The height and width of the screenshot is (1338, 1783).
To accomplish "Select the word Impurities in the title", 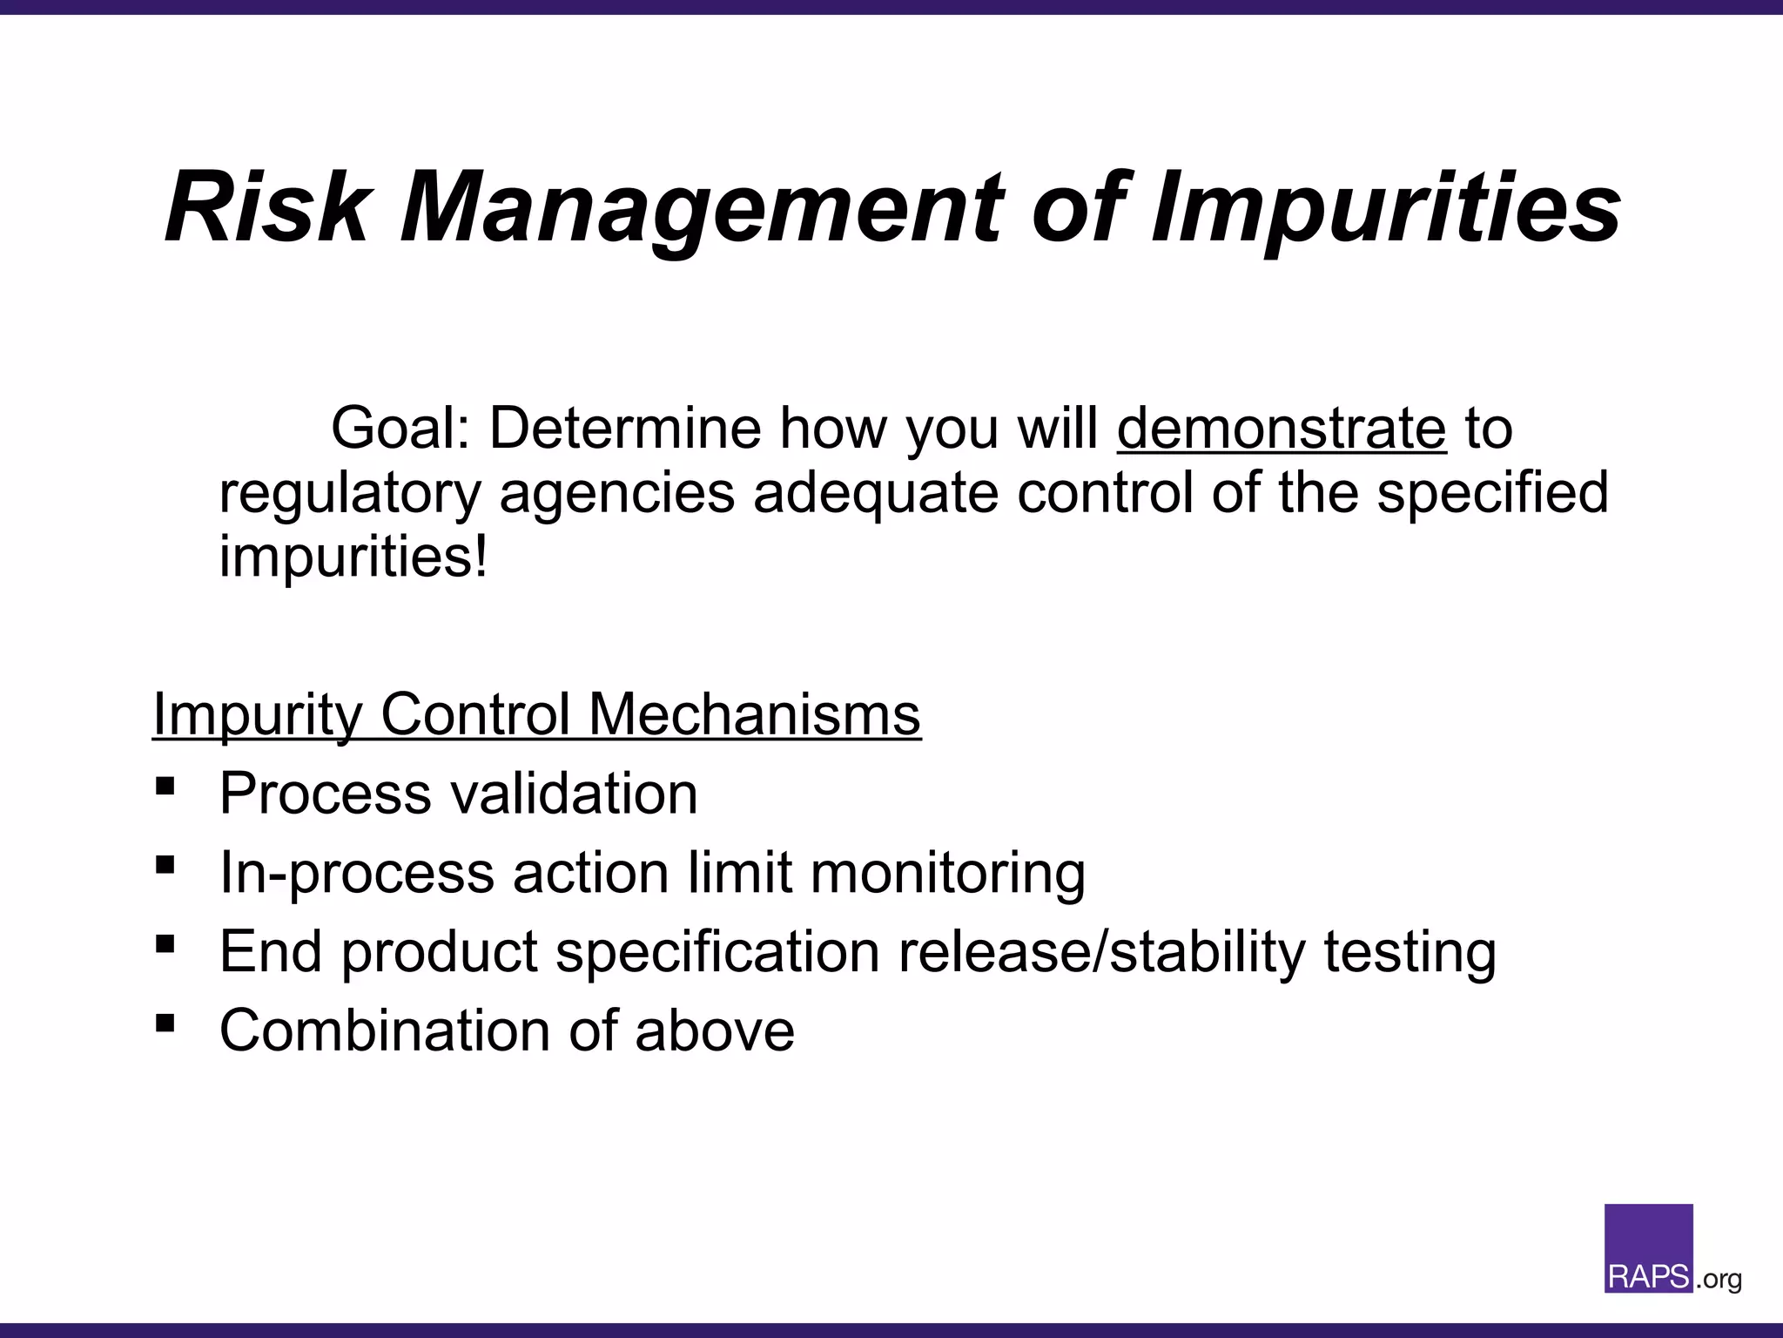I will pos(1385,209).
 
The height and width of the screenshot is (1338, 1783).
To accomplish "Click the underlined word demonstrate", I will pos(1282,429).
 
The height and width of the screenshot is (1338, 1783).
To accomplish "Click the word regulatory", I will pos(349,493).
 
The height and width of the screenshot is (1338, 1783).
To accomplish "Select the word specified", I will pos(1492,493).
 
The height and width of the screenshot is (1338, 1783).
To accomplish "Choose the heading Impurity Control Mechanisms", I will pos(536,715).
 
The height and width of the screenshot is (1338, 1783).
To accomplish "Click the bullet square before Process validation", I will pos(165,787).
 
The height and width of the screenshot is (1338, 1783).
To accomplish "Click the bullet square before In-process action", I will pos(165,865).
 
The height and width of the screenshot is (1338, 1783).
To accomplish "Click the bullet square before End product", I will pos(165,944).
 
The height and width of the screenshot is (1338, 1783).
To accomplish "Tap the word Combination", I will pos(384,1031).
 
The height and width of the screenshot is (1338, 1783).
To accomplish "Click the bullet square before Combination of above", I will pos(165,1023).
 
